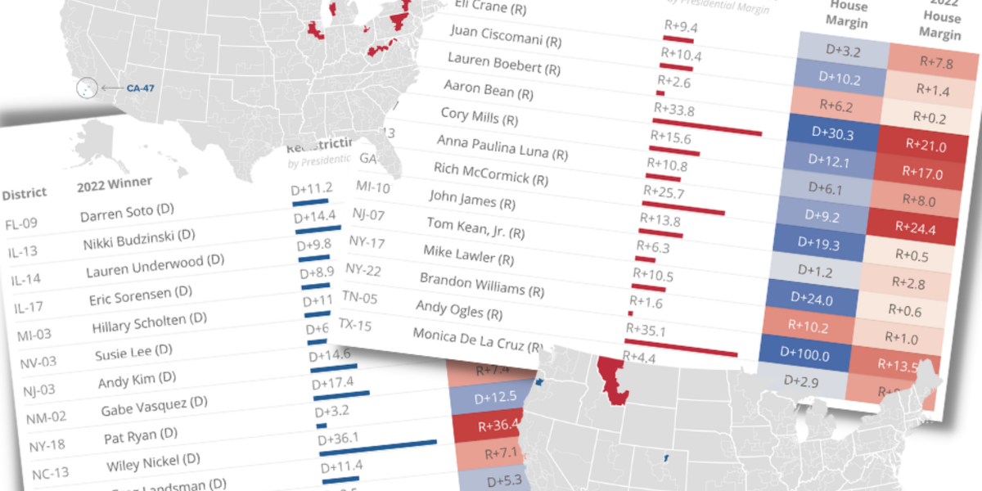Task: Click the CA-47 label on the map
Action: (140, 87)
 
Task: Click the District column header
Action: (25, 194)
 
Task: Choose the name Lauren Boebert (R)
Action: (504, 62)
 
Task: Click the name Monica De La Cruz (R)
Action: (479, 340)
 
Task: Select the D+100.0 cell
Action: (804, 354)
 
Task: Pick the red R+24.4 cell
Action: (921, 227)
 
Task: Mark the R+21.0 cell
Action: (926, 147)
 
